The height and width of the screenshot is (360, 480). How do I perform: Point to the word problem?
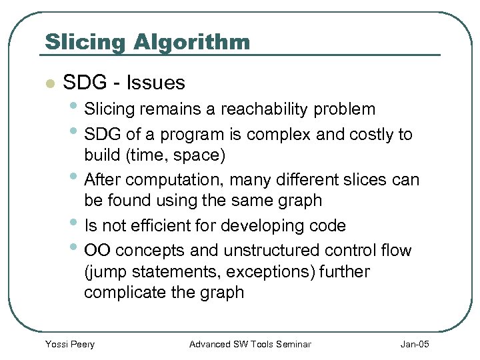(347, 109)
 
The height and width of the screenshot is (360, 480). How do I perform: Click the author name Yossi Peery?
(69, 344)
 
